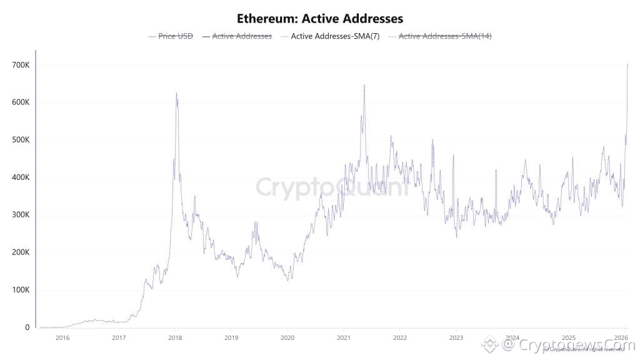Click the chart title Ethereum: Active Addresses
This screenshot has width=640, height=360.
[320, 18]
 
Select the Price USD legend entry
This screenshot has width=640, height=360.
[175, 36]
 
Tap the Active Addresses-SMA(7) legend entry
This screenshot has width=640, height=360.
[335, 36]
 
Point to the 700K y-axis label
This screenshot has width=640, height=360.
[21, 65]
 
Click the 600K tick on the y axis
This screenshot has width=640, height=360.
[21, 102]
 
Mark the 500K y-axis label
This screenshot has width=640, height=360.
[21, 140]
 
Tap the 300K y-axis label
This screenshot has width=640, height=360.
[21, 215]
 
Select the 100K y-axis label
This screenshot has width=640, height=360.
[21, 290]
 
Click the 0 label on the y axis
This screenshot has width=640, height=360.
[27, 327]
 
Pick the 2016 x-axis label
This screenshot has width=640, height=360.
[62, 337]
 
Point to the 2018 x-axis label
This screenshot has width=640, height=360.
[175, 337]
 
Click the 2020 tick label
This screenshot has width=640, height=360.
[287, 337]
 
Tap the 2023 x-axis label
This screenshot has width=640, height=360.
[456, 337]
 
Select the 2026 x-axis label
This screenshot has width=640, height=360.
[622, 337]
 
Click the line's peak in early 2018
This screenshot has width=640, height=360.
[176, 93]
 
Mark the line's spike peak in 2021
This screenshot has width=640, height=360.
[364, 85]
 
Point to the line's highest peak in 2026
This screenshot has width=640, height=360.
[627, 64]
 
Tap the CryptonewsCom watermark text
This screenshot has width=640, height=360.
[569, 344]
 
